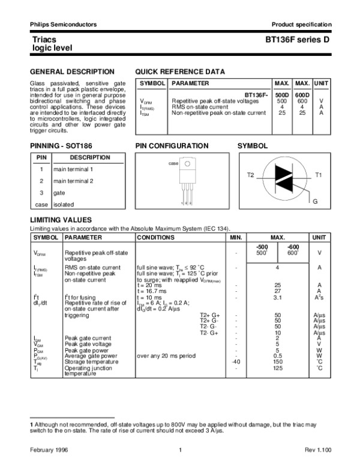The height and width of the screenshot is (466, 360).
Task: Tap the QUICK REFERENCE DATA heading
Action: [181, 71]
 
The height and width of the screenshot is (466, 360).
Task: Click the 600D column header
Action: [303, 95]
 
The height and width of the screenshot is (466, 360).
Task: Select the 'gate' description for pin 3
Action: [59, 192]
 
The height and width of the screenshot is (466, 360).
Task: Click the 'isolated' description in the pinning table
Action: [64, 204]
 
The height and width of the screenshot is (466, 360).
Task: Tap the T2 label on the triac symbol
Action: [251, 174]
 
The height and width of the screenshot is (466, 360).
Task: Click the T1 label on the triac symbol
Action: [319, 174]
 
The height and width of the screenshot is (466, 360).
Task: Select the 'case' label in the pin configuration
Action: [173, 163]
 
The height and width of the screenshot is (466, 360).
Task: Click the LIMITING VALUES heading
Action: [61, 220]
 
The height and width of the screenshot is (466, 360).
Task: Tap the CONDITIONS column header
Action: [155, 238]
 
